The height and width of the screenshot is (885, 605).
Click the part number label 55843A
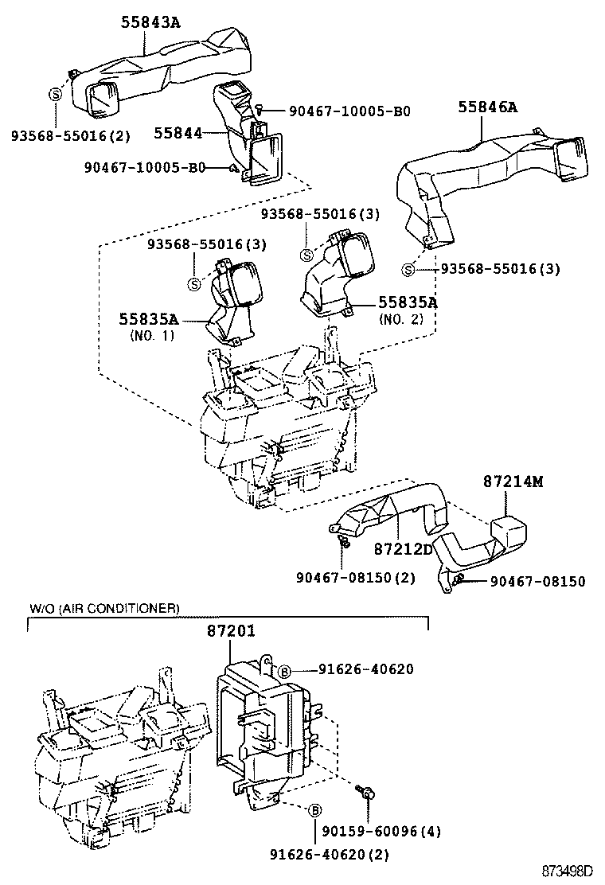(150, 22)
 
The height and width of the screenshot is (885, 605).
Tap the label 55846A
(487, 107)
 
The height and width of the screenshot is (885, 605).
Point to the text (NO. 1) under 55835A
(150, 336)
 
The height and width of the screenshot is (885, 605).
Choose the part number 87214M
(513, 481)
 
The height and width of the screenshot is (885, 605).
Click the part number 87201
(231, 632)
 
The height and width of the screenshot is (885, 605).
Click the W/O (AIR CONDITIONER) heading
(104, 608)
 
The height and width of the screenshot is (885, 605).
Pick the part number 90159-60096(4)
(381, 832)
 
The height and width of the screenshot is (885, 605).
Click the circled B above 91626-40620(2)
(314, 811)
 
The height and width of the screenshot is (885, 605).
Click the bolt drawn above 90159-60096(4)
(369, 791)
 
